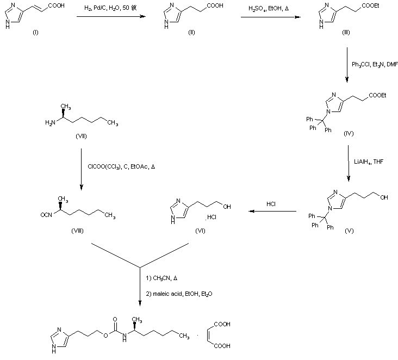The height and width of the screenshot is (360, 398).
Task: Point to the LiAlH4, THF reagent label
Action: [369, 160]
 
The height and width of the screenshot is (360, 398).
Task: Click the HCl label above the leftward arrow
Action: [271, 204]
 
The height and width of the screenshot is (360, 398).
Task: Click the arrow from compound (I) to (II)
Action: [111, 17]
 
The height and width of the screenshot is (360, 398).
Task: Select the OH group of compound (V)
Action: [384, 197]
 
